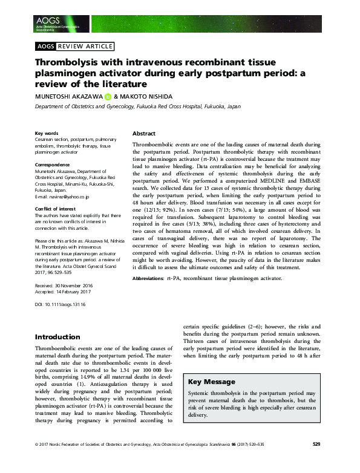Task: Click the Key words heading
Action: click(x=47, y=133)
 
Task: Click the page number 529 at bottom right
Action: click(x=316, y=461)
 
